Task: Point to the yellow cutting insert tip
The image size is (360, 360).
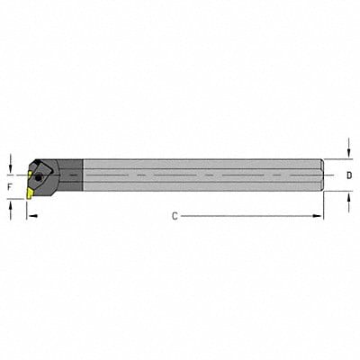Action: pyautogui.click(x=31, y=190)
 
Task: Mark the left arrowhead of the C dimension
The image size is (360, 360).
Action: pyautogui.click(x=31, y=217)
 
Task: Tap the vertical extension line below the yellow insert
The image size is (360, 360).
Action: pyautogui.click(x=27, y=209)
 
